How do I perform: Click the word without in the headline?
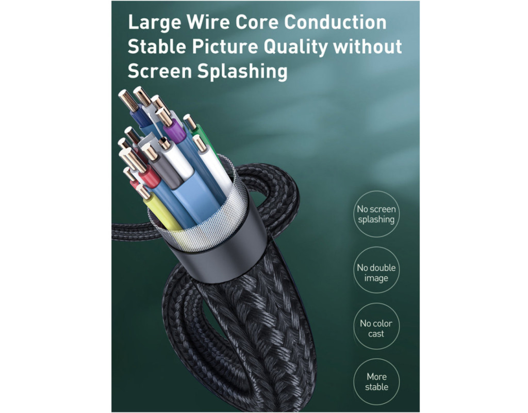pyautogui.click(x=368, y=46)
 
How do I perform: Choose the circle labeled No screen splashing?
pyautogui.click(x=376, y=214)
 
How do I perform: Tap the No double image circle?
pyautogui.click(x=376, y=273)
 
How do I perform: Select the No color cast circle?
pyautogui.click(x=376, y=328)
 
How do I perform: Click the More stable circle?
pyautogui.click(x=376, y=382)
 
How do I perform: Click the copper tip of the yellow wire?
pyautogui.click(x=143, y=192)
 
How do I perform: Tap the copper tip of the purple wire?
pyautogui.click(x=165, y=117)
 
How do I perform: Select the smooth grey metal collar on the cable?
pyautogui.click(x=227, y=253)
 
